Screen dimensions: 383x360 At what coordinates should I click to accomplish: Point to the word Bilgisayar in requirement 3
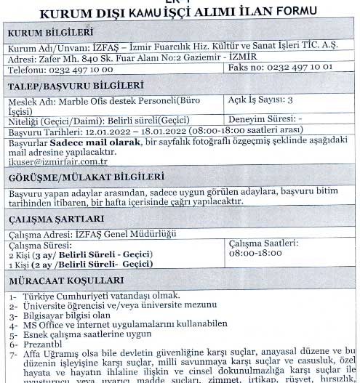click(43, 315)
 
